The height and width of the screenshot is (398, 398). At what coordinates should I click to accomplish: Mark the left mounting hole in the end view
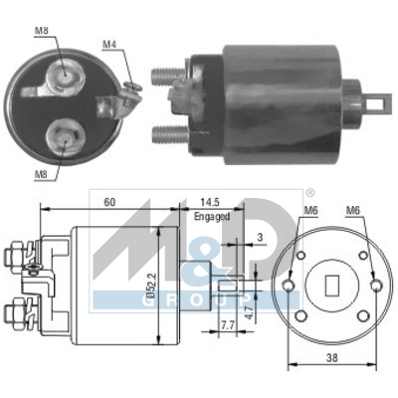[x=290, y=287]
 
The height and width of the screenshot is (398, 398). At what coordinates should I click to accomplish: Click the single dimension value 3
[x=259, y=238]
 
